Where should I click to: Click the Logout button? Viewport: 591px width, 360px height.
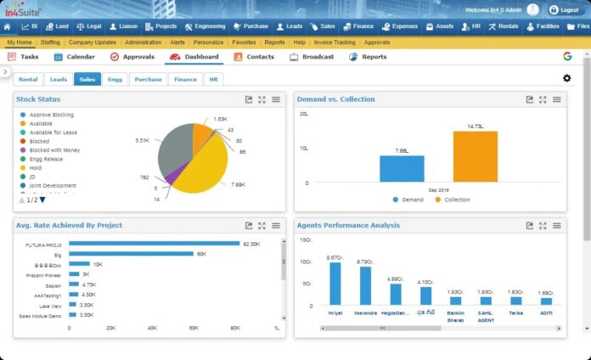coord(565,9)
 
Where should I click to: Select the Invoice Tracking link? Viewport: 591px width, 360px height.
coord(335,42)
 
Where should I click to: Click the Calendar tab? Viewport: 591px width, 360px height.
coord(75,57)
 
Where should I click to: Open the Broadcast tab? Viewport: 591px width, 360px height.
coord(312,57)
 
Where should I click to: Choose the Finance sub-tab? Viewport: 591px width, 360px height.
coord(184,79)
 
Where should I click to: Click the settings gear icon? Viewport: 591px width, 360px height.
coord(566,78)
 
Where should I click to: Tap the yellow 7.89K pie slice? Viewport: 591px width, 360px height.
coord(204,165)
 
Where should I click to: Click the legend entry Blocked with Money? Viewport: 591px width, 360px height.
coord(54,149)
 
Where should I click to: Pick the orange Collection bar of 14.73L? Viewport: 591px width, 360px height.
coord(475,156)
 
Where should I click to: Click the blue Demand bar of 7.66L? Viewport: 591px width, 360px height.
coord(402,168)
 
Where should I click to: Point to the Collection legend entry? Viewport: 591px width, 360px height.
coord(454,200)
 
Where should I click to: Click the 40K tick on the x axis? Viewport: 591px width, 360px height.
coord(152,327)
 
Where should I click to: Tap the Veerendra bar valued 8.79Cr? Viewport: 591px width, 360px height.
coord(365,285)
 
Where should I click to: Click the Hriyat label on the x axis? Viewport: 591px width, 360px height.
coord(335,312)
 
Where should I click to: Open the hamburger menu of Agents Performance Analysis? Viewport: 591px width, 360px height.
coord(556,226)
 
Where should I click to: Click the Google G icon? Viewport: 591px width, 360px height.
coord(566,57)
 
